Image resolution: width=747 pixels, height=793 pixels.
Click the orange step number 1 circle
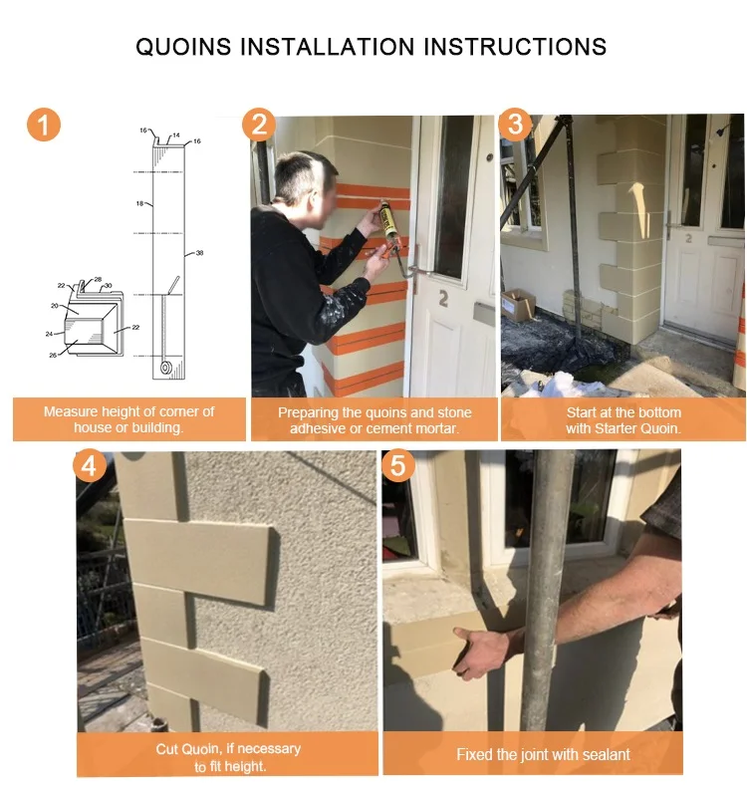(43, 125)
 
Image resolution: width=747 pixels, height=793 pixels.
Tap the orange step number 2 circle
(259, 125)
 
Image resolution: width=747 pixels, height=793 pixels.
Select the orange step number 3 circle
(515, 125)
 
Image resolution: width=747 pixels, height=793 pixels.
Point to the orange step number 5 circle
(399, 466)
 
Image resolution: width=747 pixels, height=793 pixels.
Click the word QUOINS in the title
(182, 46)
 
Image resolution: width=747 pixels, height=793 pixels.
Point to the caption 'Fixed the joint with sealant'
(543, 754)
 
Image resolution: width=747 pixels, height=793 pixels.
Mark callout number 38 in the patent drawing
(199, 253)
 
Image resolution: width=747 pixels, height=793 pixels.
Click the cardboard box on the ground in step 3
(518, 303)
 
